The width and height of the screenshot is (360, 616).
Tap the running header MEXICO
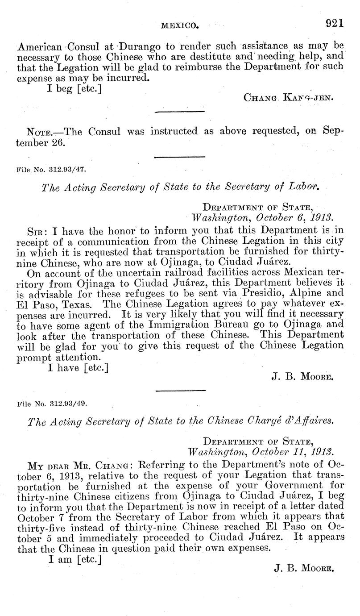pyautogui.click(x=179, y=26)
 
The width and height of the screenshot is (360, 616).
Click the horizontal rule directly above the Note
pyautogui.click(x=179, y=111)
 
